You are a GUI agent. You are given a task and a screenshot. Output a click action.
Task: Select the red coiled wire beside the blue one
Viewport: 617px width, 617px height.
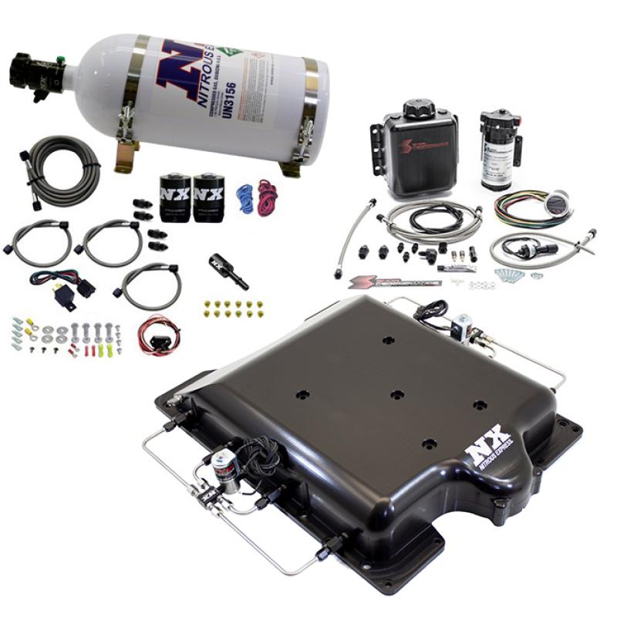[x=267, y=199]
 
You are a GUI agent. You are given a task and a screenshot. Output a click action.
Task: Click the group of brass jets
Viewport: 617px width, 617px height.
[x=234, y=308]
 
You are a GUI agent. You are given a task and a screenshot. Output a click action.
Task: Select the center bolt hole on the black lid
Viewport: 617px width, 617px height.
[x=396, y=394]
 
